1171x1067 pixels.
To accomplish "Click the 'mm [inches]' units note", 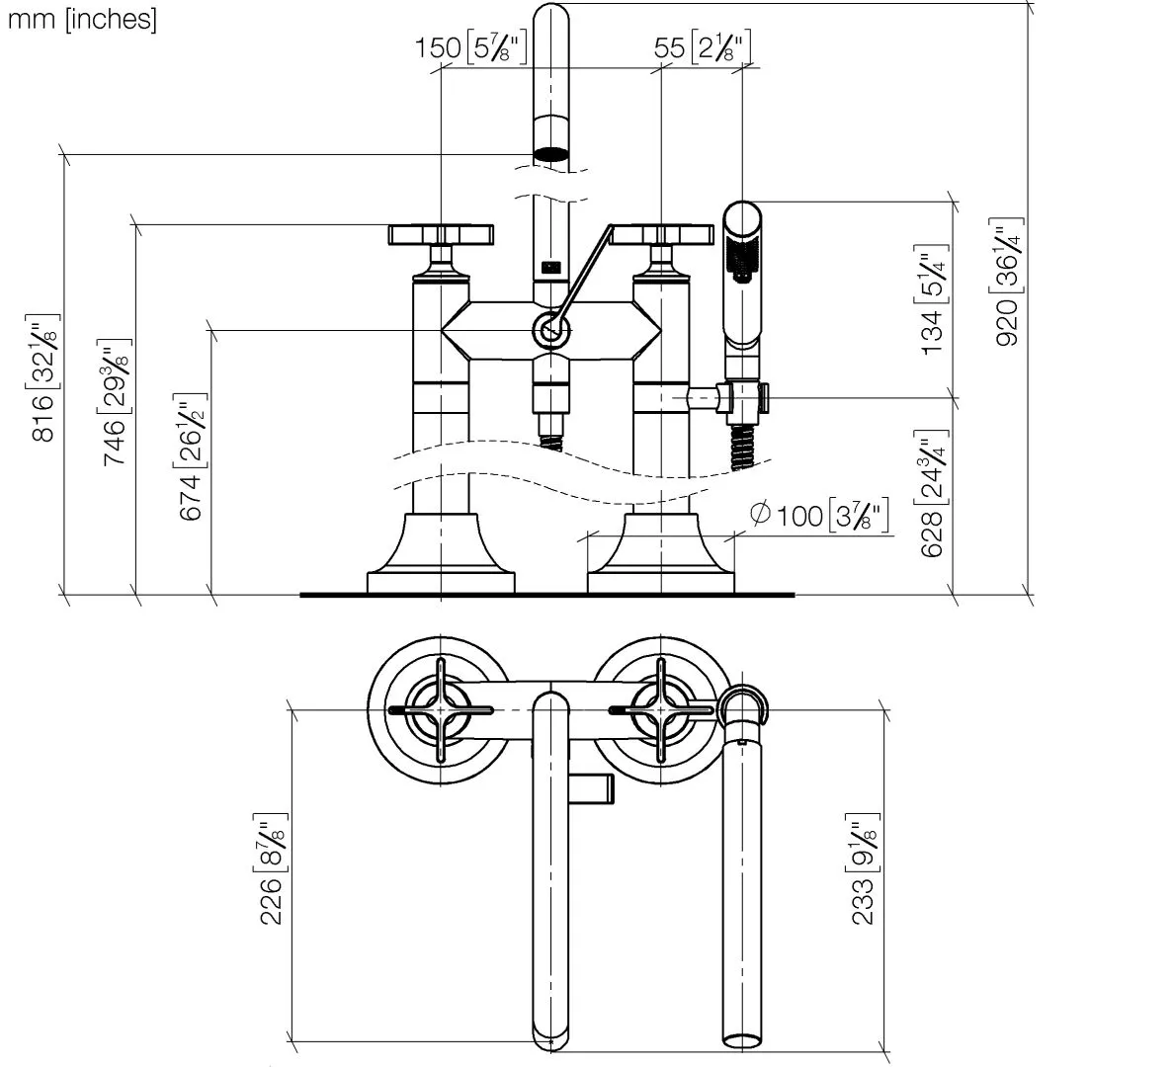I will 82,20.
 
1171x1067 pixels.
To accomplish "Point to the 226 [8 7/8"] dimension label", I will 272,872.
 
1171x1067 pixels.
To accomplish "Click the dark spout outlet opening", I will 551,154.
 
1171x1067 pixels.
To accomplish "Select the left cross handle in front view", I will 440,234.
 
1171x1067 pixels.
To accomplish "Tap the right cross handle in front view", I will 660,234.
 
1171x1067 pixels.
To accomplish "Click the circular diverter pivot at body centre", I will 551,331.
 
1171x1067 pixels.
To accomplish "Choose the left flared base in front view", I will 440,553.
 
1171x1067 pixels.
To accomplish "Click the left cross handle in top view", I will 440,709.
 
